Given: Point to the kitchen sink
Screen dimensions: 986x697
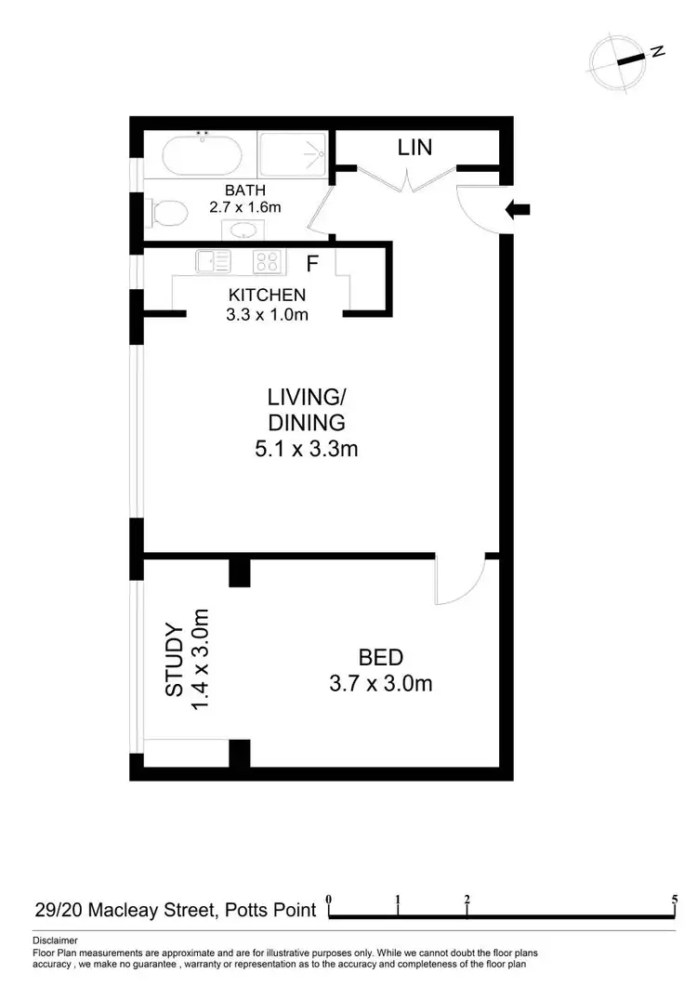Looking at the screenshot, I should coord(213,263).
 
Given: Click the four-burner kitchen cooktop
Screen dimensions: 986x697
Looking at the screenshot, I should coord(268,263).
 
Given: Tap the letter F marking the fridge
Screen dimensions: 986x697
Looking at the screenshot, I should coord(313,264).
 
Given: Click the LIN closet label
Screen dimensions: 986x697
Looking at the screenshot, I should coord(414,147).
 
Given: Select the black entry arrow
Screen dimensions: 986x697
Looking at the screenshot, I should coord(517,210).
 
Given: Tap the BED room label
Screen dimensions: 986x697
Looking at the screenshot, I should coord(381,658).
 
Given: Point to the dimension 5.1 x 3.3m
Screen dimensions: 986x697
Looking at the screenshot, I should coord(307,449).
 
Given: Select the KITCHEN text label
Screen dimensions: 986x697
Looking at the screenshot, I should coord(267,296).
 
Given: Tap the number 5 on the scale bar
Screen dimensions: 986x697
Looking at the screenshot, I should coord(674,900).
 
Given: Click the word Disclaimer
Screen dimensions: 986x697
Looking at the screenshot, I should coord(55,940).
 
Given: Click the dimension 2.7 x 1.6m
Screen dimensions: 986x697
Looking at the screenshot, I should coord(245,207).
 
